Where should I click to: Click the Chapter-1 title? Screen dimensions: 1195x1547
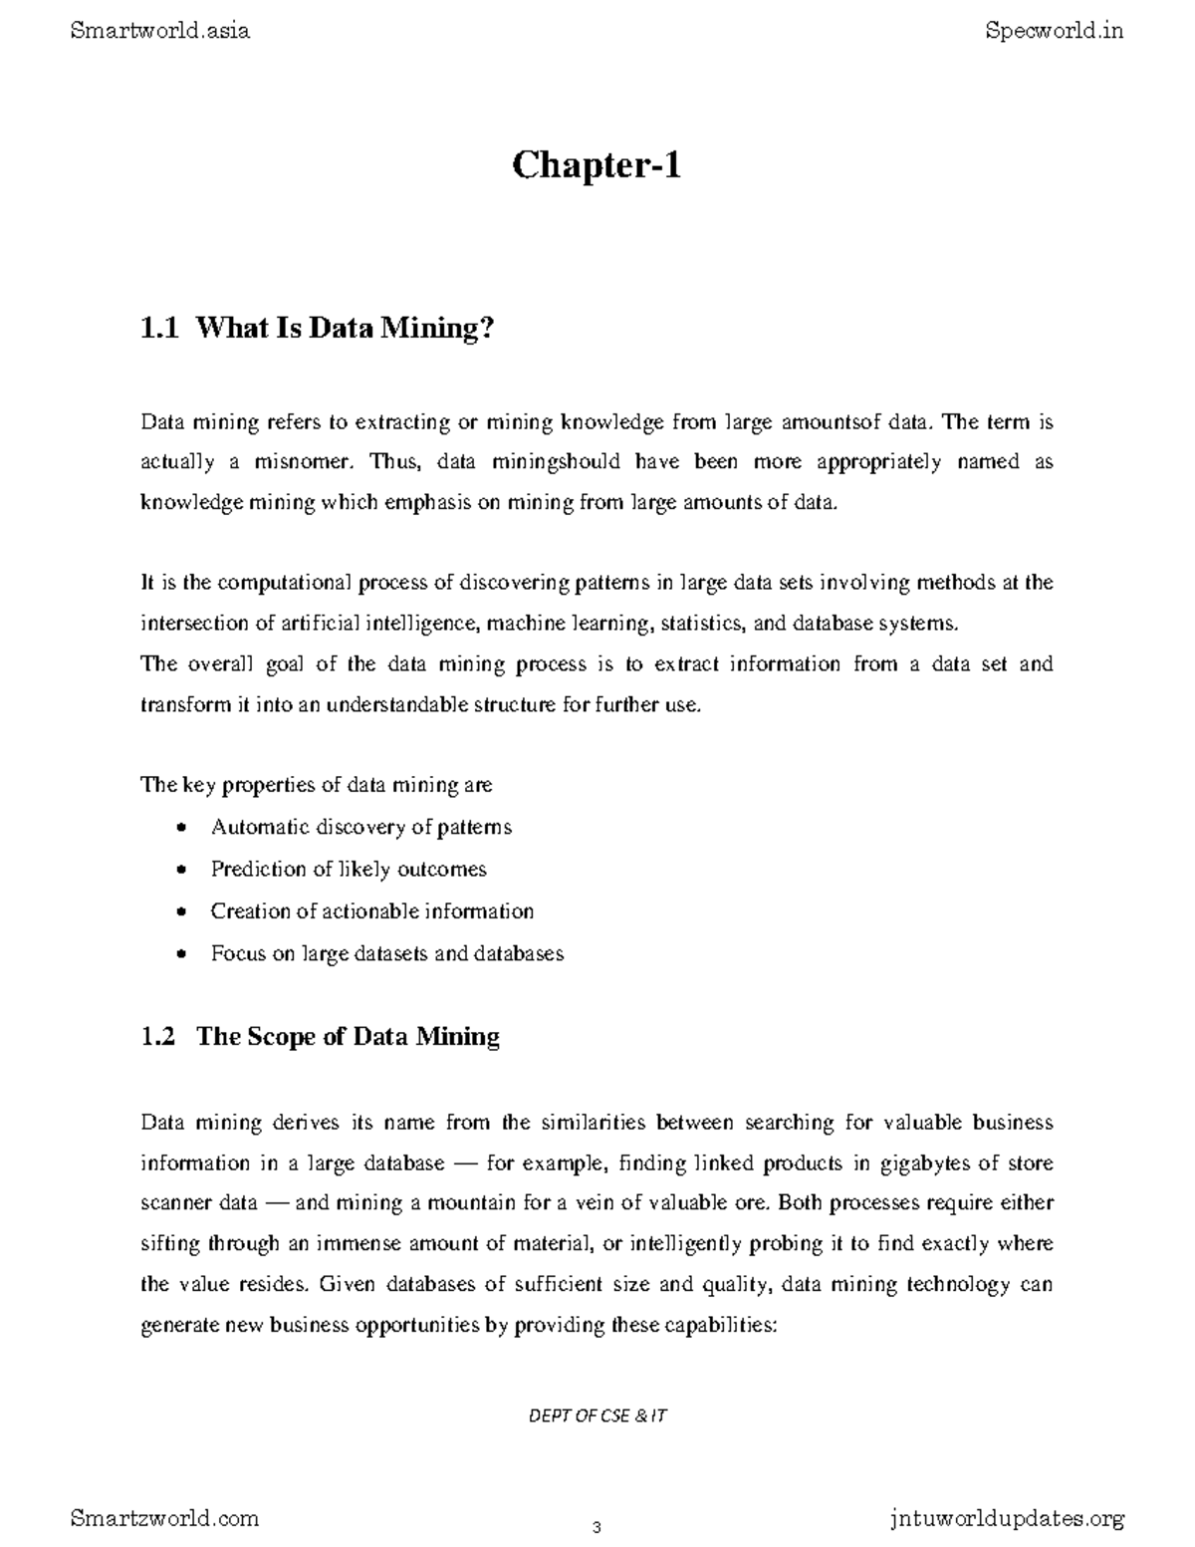tap(597, 165)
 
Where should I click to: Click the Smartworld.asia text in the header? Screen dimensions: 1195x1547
tap(160, 31)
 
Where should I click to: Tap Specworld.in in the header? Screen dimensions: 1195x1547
tap(1054, 31)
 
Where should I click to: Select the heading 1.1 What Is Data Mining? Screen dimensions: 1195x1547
tap(318, 328)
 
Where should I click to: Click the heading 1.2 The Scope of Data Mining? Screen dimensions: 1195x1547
tap(320, 1036)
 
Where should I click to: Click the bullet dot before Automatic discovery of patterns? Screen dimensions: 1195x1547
tap(180, 828)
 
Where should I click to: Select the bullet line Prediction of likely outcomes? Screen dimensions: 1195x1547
tap(349, 869)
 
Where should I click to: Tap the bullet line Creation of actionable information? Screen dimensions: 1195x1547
tap(371, 911)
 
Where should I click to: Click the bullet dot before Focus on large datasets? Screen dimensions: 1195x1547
tap(180, 954)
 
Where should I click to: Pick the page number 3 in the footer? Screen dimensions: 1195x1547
tap(597, 1528)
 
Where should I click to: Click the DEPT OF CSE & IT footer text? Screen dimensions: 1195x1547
tap(597, 1416)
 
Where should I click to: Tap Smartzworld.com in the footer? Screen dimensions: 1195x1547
tap(165, 1518)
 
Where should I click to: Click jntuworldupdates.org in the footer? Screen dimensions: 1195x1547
tap(1005, 1519)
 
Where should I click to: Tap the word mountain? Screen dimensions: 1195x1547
tap(472, 1203)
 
